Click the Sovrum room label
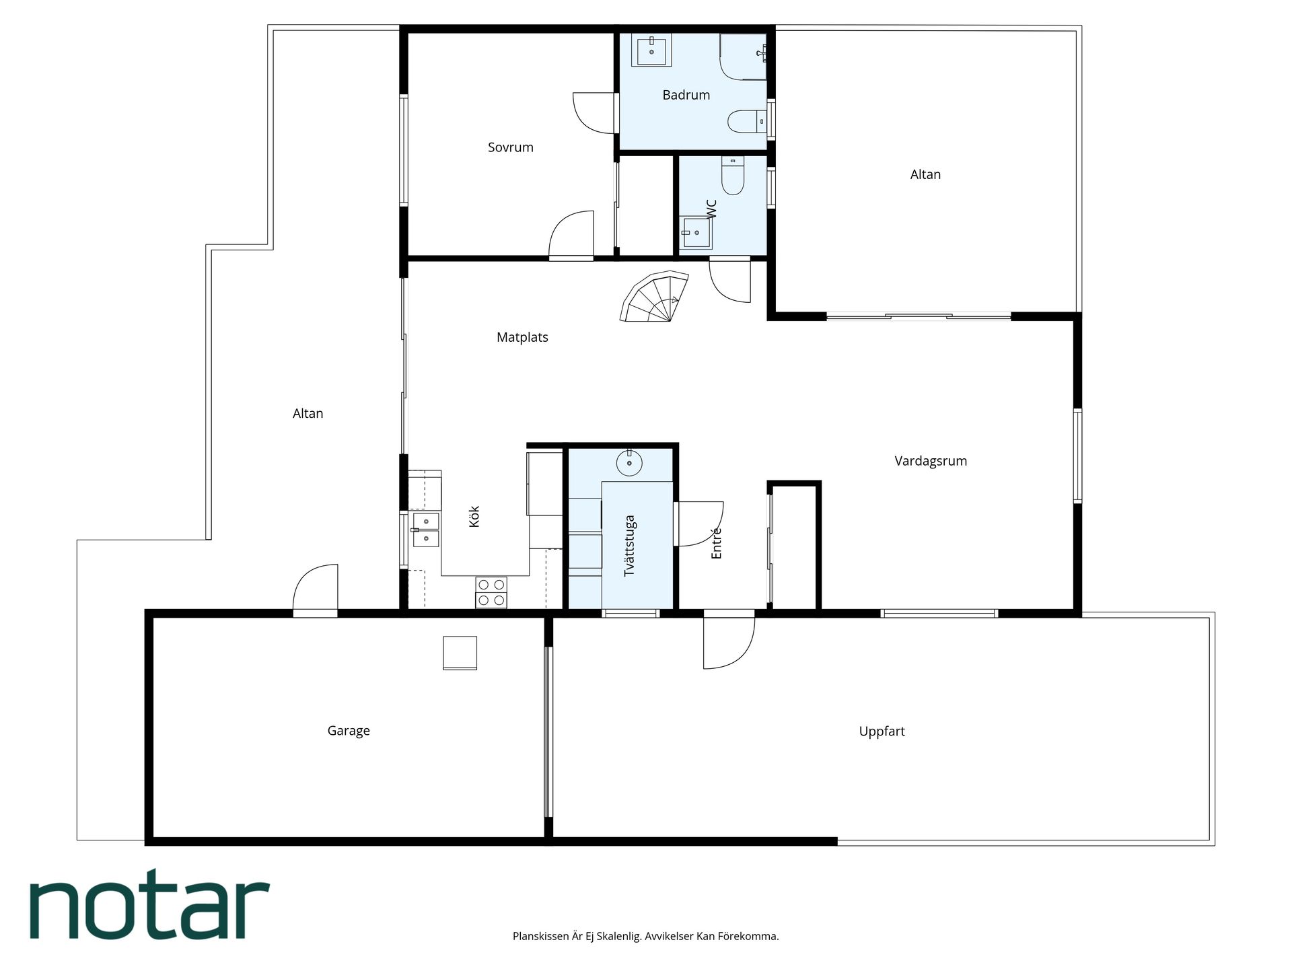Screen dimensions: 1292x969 point(510,147)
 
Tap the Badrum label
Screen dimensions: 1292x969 point(686,95)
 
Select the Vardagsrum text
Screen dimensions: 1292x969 point(931,461)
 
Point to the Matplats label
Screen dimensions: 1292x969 point(522,337)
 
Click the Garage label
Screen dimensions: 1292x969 point(349,731)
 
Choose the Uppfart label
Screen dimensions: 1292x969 point(882,731)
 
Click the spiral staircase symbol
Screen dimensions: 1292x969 point(654,297)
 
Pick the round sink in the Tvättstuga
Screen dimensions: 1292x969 point(629,463)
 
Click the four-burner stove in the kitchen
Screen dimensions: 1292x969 point(491,592)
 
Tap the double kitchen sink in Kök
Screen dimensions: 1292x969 point(425,530)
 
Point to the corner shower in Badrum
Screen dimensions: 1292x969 point(743,57)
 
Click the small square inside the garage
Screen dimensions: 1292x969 point(460,653)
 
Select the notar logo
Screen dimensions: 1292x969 point(149,904)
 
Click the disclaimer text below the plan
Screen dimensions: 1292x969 point(645,936)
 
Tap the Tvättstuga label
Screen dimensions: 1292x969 point(630,546)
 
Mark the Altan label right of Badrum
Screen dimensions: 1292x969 point(925,174)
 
